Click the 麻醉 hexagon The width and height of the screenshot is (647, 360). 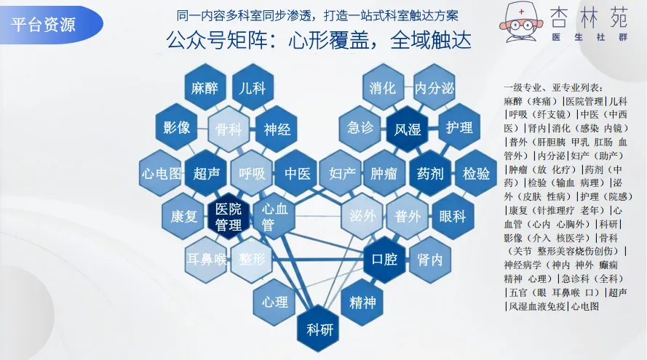click(205, 89)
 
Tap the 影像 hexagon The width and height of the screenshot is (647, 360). click(177, 129)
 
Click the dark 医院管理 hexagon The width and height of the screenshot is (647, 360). click(229, 216)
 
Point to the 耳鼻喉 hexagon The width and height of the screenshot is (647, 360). click(205, 258)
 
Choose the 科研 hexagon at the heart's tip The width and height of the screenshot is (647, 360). click(319, 329)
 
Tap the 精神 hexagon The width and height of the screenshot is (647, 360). click(363, 302)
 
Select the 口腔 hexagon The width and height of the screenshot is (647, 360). click(384, 258)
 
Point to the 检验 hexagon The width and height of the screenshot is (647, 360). click(476, 174)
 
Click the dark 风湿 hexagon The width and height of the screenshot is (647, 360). click(408, 129)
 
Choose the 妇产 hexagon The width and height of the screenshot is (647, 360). click(341, 174)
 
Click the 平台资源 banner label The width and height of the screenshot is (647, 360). click(44, 24)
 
